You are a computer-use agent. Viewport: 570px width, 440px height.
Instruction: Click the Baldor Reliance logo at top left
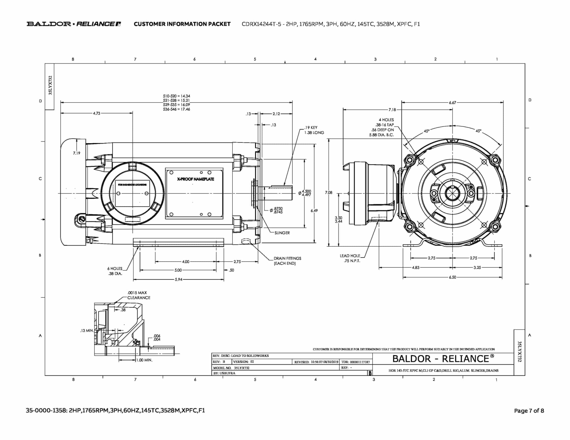(73, 24)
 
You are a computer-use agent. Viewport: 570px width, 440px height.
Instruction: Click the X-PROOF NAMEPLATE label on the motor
(195, 179)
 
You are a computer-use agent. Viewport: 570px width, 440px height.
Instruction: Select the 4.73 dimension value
(97, 113)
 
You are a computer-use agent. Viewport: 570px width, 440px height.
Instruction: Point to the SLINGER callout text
(282, 233)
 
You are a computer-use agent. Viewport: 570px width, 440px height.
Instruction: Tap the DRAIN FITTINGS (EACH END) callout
(287, 261)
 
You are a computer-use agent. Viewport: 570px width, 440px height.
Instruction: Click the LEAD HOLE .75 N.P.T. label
(350, 258)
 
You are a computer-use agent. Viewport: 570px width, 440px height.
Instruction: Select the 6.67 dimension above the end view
(452, 103)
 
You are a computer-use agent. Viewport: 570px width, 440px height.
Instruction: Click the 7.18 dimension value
(392, 110)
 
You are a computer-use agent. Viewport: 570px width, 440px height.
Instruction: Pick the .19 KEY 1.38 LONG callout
(314, 130)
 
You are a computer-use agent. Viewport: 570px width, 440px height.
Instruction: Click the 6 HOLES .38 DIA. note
(115, 271)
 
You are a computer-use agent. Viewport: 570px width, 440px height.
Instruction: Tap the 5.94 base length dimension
(178, 280)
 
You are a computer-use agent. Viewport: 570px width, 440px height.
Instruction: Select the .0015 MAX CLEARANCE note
(138, 295)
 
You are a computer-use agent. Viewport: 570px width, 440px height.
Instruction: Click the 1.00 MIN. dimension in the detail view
(144, 360)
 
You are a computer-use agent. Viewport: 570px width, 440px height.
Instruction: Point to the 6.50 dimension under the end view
(452, 277)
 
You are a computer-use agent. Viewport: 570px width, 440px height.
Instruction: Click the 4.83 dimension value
(416, 268)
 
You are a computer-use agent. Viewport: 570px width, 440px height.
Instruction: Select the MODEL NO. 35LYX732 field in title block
(232, 368)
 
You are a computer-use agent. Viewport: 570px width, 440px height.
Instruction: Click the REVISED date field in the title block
(316, 362)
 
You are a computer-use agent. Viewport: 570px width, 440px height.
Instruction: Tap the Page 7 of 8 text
(529, 411)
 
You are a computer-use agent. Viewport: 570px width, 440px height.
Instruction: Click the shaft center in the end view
(453, 193)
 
